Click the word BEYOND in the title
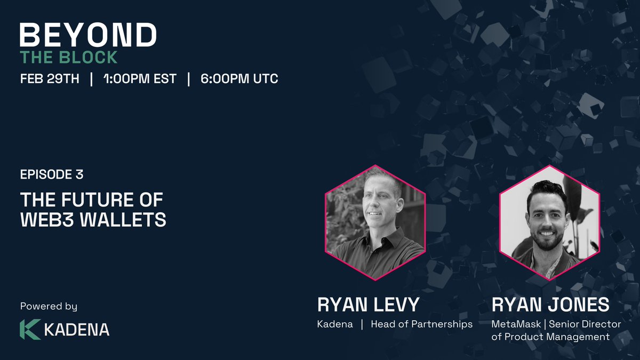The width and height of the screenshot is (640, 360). click(x=88, y=36)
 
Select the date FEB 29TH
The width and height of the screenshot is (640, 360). click(x=50, y=79)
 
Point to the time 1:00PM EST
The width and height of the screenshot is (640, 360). click(x=139, y=79)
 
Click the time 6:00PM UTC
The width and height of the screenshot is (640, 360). click(x=239, y=79)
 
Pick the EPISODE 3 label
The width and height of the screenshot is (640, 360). click(x=52, y=174)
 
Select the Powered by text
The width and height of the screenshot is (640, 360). click(x=49, y=306)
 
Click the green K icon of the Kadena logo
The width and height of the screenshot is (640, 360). click(x=30, y=329)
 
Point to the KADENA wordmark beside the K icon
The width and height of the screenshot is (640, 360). click(x=77, y=330)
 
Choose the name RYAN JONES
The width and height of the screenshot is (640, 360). click(x=550, y=305)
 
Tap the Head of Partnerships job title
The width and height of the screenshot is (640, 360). click(x=421, y=324)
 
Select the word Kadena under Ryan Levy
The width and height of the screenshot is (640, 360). click(x=335, y=324)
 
